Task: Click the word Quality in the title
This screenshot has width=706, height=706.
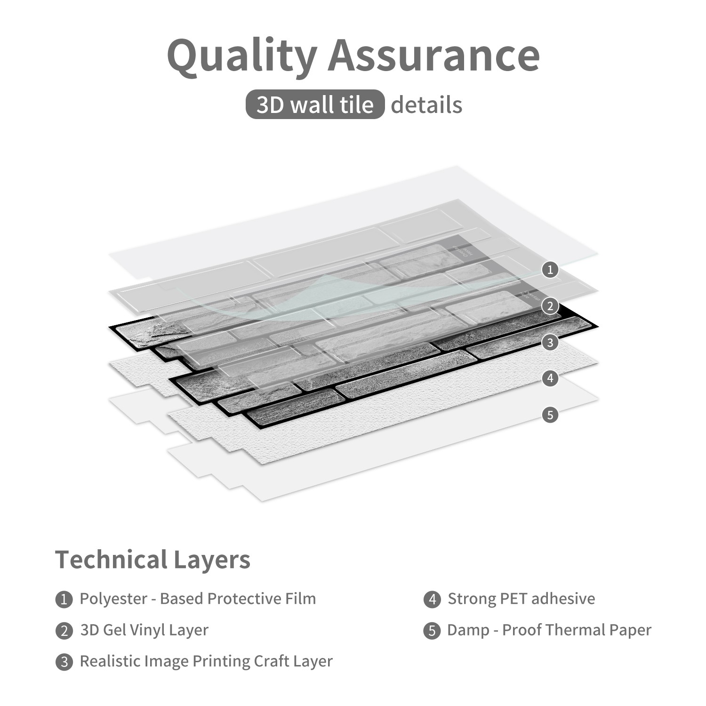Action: [x=242, y=56]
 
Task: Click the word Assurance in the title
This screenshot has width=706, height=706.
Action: [x=434, y=55]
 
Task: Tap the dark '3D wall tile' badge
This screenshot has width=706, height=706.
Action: [x=315, y=104]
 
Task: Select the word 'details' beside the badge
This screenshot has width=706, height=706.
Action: [x=426, y=104]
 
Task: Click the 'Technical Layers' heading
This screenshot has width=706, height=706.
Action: [x=153, y=560]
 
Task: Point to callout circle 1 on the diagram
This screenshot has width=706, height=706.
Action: [x=550, y=270]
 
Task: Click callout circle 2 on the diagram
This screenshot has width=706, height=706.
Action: [x=550, y=306]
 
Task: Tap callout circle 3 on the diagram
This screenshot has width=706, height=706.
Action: [x=550, y=342]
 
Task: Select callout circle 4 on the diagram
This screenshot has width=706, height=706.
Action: [x=550, y=378]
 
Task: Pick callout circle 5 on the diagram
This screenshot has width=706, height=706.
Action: [x=550, y=415]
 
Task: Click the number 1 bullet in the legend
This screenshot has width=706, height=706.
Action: [x=64, y=600]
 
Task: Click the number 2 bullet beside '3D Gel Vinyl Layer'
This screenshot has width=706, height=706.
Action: [x=64, y=631]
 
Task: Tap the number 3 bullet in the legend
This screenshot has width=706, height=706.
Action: [x=64, y=662]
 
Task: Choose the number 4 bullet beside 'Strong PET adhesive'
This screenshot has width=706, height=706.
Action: [x=432, y=600]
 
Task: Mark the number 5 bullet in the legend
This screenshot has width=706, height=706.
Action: [x=432, y=631]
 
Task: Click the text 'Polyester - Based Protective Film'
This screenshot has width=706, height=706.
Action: [x=198, y=599]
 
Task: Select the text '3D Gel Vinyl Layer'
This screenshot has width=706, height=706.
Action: [x=144, y=630]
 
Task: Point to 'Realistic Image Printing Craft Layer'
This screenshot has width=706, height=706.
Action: [x=206, y=662]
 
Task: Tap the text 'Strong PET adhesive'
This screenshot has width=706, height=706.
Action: [x=521, y=599]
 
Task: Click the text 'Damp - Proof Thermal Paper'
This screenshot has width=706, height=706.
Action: [x=549, y=630]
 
